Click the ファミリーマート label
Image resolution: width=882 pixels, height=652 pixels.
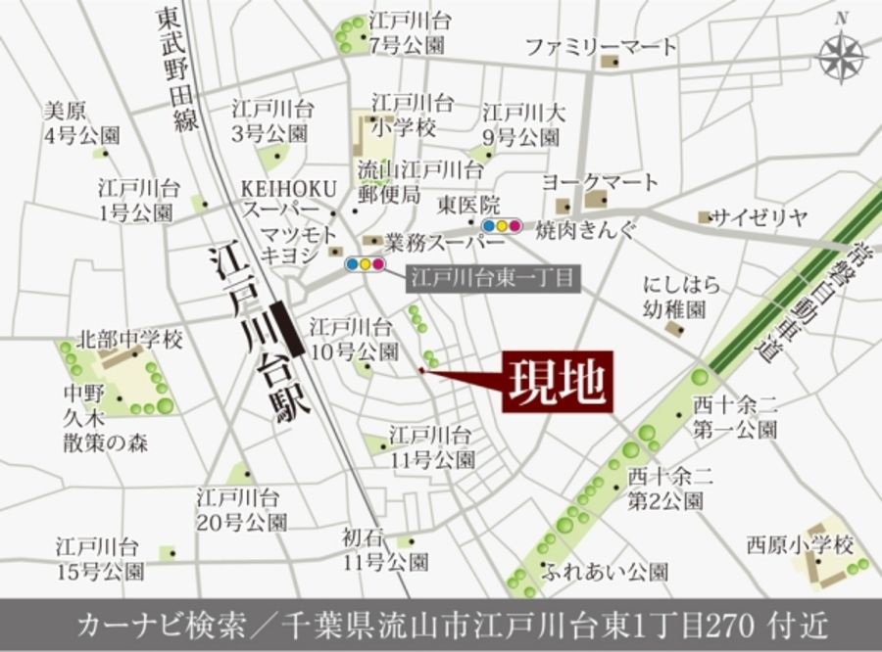pyautogui.click(x=600, y=46)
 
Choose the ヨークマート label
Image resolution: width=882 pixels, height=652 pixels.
pyautogui.click(x=600, y=183)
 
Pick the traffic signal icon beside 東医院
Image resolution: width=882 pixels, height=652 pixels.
pyautogui.click(x=501, y=226)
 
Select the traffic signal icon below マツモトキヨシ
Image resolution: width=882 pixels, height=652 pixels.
pyautogui.click(x=364, y=263)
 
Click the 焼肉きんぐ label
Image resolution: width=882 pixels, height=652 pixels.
pyautogui.click(x=585, y=230)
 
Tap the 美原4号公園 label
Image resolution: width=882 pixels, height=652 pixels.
pyautogui.click(x=81, y=123)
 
